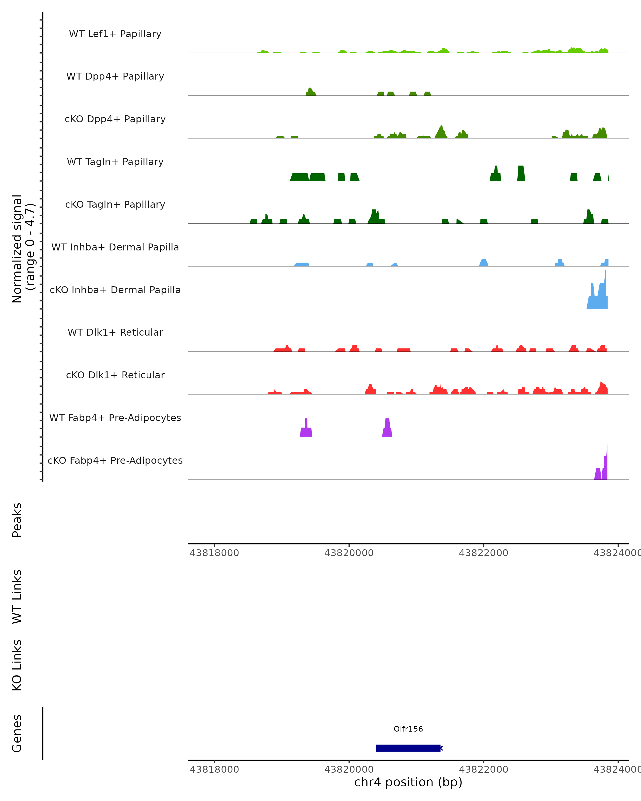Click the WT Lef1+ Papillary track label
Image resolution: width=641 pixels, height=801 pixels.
pos(115,34)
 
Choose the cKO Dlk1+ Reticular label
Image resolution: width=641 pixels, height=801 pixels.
pos(115,375)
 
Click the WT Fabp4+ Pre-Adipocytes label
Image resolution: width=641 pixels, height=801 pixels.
pos(115,418)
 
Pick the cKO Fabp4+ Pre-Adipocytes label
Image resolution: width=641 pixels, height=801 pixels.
pos(115,460)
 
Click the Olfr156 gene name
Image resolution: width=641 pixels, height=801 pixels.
pos(408,729)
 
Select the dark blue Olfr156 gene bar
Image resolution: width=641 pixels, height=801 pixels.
pos(408,748)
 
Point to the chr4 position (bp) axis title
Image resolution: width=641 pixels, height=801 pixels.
pos(408,782)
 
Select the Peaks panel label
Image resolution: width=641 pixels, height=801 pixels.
pos(17,520)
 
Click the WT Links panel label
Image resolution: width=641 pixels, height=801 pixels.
pos(17,596)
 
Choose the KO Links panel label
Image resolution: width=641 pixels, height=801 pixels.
pos(17,665)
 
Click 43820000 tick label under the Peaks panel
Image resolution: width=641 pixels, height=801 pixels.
pos(349,553)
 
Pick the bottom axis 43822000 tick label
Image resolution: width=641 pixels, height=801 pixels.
pos(483,769)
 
